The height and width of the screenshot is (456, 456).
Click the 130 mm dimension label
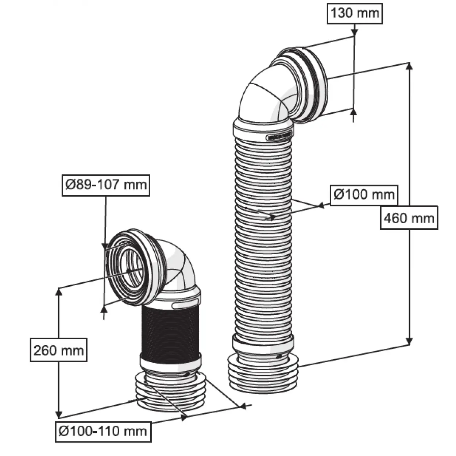coord(355,13)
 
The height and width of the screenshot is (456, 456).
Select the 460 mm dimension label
coord(409,218)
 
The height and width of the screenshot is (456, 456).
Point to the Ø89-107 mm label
coord(106,185)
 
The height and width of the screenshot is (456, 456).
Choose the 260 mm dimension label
coord(58,350)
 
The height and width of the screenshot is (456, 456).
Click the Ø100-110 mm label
coord(103,432)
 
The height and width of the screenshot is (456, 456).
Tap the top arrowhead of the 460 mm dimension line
coord(409,66)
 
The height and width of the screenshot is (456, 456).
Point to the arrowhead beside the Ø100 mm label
coord(321,206)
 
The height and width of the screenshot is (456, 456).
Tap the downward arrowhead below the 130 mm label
coord(354,33)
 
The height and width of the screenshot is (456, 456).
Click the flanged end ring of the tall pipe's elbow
coord(312,84)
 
